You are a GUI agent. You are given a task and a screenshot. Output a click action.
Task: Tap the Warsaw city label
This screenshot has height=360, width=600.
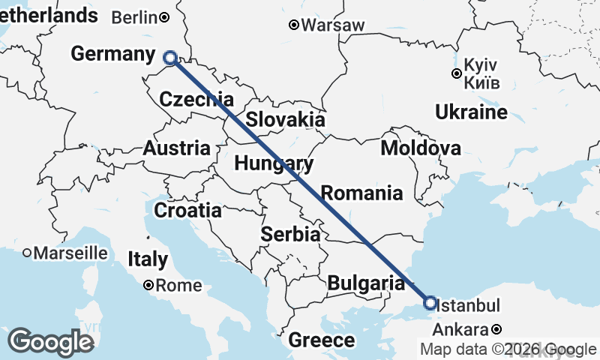333,25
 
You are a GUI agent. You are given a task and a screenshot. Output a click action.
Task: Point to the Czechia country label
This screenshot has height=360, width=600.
196,99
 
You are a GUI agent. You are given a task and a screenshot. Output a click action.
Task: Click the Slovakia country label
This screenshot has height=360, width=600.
286,119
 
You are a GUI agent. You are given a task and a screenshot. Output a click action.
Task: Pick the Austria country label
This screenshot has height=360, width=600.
176,148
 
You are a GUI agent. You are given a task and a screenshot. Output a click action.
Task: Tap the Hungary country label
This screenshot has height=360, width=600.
273,163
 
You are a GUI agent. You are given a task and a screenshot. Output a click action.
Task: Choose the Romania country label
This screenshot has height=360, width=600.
361,193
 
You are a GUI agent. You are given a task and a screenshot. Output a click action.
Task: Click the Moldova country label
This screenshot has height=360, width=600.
420,148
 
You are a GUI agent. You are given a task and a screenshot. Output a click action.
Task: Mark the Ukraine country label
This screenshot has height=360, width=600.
471,113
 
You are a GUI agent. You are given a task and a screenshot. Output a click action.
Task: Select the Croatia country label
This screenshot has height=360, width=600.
187,211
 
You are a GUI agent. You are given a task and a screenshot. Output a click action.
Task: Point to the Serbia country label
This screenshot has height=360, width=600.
290,235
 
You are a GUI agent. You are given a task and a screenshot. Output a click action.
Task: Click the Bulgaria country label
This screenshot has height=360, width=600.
366,283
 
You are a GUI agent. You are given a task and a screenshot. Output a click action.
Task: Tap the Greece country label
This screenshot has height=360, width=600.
322,340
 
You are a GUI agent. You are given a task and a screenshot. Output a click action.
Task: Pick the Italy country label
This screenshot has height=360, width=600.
148,260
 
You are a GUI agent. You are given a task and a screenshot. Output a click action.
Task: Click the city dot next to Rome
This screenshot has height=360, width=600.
148,285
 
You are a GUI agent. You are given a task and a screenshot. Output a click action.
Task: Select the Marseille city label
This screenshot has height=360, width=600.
70,253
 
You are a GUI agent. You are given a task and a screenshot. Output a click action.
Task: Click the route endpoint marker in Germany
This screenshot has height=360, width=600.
170,57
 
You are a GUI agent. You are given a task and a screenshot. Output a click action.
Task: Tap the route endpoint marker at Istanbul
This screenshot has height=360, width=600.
430,303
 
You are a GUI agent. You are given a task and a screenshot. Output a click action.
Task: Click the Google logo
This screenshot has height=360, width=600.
50,342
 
